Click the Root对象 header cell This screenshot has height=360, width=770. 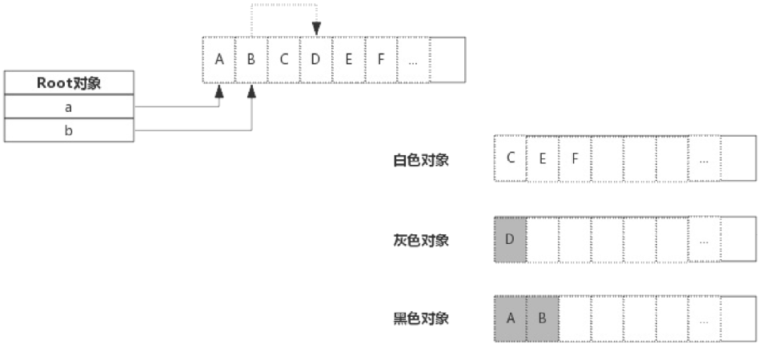[68, 83]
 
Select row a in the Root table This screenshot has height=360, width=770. [68, 106]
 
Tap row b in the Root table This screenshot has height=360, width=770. [68, 130]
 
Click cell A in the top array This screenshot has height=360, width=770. [219, 60]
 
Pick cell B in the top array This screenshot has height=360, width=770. [251, 60]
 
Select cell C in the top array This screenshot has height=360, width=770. [284, 60]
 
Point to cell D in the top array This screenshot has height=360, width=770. [316, 60]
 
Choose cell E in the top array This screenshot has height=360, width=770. [348, 60]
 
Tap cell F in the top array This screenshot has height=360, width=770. [381, 60]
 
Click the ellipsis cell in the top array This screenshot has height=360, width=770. [413, 60]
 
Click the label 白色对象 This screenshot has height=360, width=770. [421, 160]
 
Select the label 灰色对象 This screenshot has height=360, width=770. [421, 240]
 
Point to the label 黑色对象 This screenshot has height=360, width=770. [421, 318]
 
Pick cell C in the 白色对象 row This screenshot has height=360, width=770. [511, 158]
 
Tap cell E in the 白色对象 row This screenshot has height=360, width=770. [543, 158]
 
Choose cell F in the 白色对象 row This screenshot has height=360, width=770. [575, 158]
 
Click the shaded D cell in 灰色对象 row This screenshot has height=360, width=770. [511, 239]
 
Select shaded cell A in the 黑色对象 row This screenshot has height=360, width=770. [511, 318]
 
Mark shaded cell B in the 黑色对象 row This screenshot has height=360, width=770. [543, 318]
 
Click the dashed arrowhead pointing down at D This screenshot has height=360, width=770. [316, 30]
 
